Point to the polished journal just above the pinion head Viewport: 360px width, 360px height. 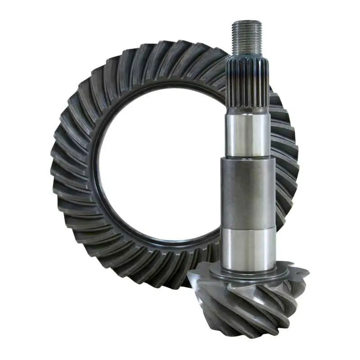[249, 247]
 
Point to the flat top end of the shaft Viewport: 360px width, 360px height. [247, 22]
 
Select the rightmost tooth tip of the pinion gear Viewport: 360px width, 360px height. [307, 272]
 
